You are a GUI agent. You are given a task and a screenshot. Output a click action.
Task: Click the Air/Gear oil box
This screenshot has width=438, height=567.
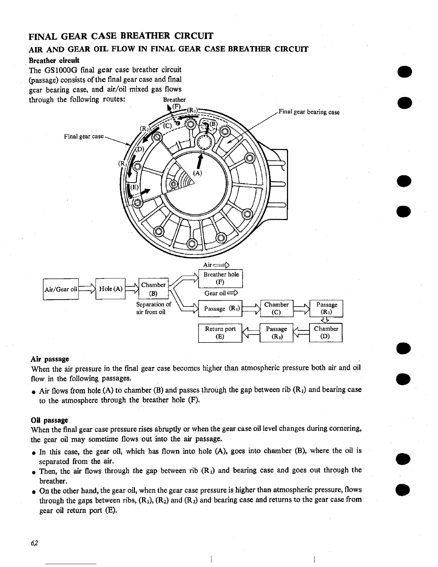pyautogui.click(x=61, y=289)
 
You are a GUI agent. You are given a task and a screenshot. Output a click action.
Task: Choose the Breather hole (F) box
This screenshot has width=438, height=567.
pyautogui.click(x=221, y=278)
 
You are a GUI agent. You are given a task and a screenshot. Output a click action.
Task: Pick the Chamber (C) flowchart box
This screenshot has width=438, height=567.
pyautogui.click(x=277, y=309)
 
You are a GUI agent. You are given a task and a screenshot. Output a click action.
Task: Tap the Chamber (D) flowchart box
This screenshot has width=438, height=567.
pyautogui.click(x=326, y=333)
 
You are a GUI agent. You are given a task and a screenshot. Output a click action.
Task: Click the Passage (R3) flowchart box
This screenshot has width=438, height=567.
pyautogui.click(x=277, y=333)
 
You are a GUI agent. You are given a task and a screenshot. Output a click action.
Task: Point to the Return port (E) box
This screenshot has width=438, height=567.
pyautogui.click(x=220, y=333)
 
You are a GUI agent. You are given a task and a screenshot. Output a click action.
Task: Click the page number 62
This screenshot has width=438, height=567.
pyautogui.click(x=34, y=543)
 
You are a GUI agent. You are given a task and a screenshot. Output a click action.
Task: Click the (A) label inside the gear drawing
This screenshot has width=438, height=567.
pyautogui.click(x=198, y=173)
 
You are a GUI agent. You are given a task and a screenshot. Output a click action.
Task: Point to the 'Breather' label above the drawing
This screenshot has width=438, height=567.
pyautogui.click(x=174, y=100)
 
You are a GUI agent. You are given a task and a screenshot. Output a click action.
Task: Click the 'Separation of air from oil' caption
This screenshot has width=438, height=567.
pyautogui.click(x=154, y=308)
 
